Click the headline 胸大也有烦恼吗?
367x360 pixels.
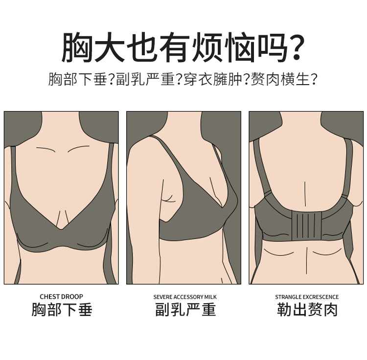pos(183,47)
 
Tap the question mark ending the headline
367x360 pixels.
pos(293,47)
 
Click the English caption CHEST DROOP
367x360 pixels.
pos(61,296)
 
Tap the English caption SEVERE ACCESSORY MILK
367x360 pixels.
pos(184,297)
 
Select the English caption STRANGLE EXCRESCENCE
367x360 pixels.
pos(307,297)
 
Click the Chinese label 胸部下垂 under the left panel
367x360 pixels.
pos(62,310)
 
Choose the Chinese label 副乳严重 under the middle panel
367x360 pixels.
pos(185,310)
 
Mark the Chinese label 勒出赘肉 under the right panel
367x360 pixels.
pos(307,310)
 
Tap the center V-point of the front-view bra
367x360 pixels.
pos(61,229)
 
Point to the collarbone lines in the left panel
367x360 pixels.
pos(61,150)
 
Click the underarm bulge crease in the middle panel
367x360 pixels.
pos(169,199)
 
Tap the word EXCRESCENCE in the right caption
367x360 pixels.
pos(321,297)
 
